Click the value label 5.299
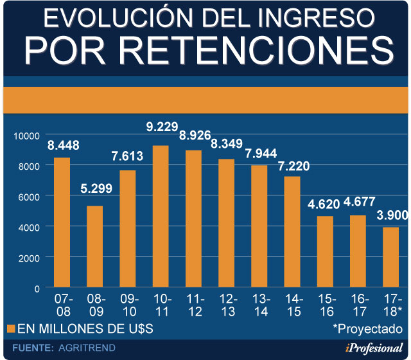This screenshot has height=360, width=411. (x=95, y=190)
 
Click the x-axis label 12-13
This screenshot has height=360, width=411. (x=227, y=305)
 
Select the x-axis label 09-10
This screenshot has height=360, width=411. (x=128, y=305)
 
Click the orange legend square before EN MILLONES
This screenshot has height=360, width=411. (x=10, y=329)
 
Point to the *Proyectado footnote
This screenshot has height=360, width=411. (x=367, y=328)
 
